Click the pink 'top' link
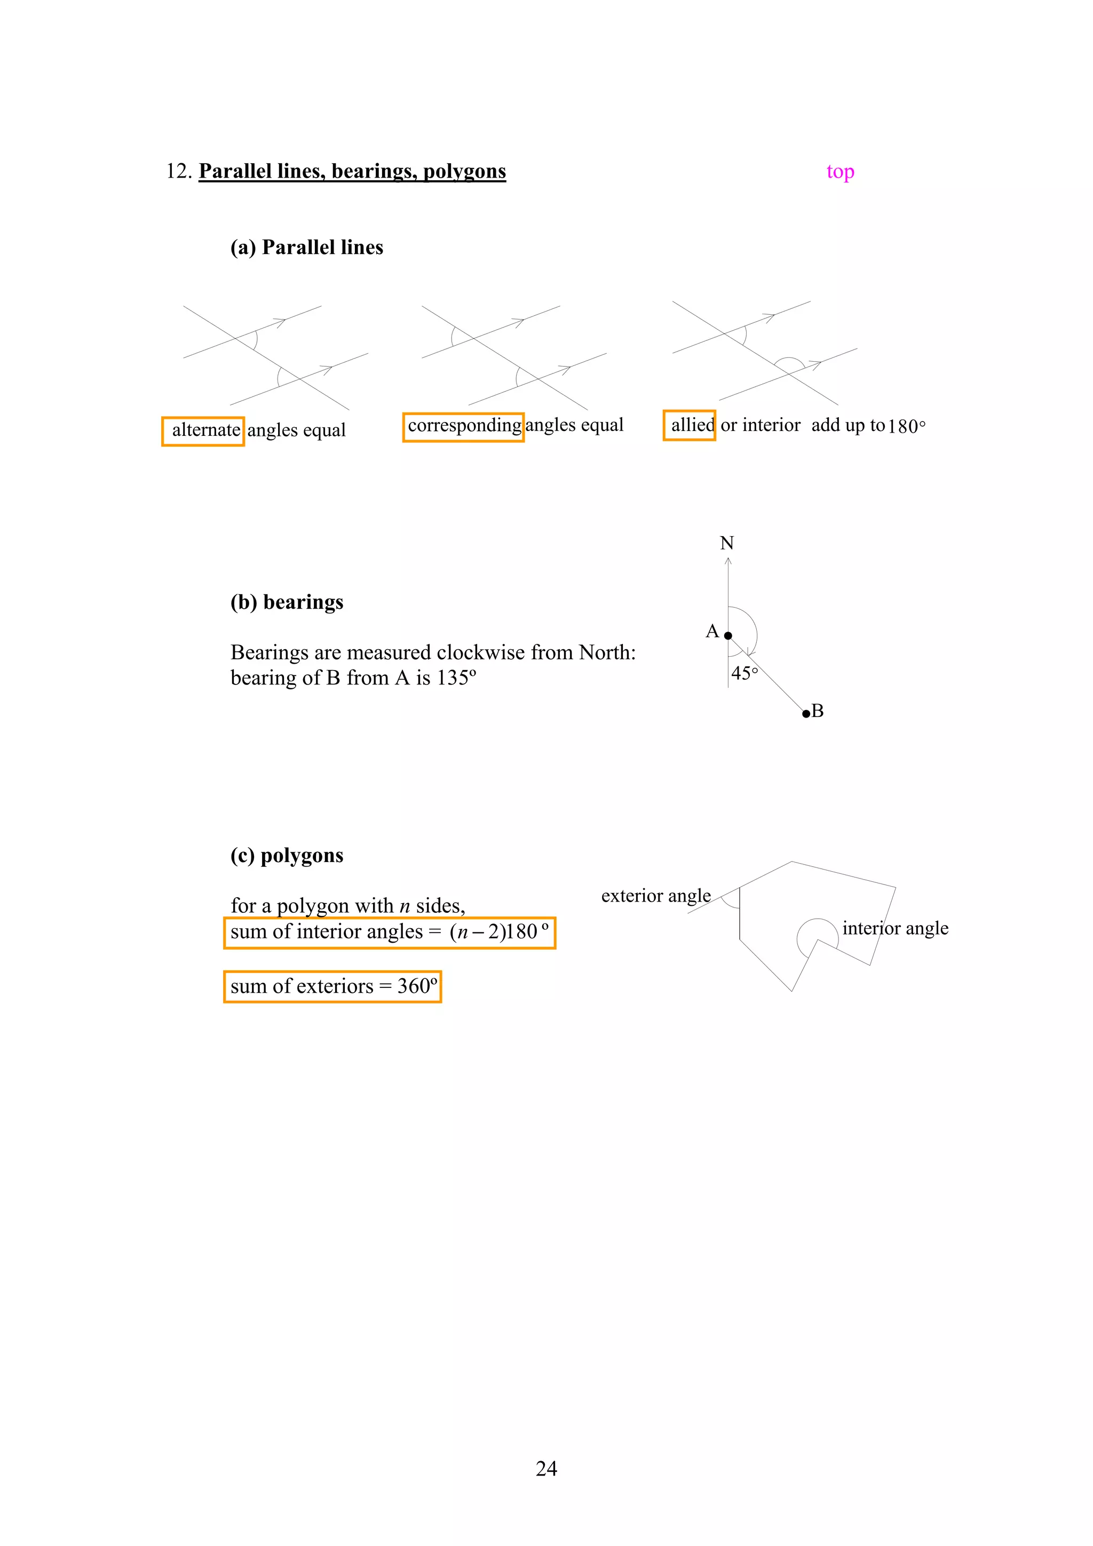[840, 172]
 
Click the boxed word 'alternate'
[205, 431]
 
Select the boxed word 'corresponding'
[464, 426]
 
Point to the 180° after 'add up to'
[906, 426]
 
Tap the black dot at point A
[728, 636]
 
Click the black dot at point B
[806, 714]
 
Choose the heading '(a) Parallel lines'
[306, 248]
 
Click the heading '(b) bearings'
[287, 602]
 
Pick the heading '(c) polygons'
[287, 855]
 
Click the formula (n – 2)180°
[498, 932]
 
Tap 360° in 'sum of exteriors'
[417, 986]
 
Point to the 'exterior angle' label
[655, 896]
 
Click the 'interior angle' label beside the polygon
[895, 929]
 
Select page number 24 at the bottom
[546, 1469]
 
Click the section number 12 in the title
[177, 172]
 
